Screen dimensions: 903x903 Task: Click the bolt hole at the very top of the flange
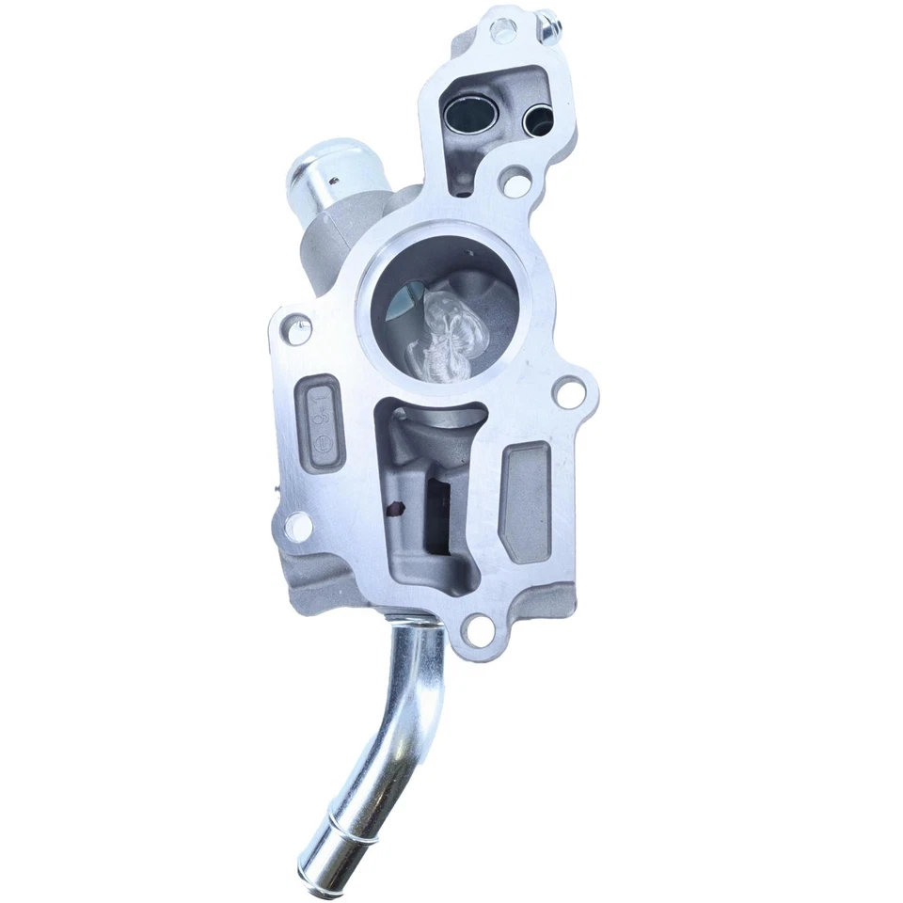[x=502, y=31]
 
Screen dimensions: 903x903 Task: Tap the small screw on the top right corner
[x=546, y=25]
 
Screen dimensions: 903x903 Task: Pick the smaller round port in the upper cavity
[x=539, y=119]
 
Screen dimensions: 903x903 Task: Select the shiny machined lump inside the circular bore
[x=444, y=332]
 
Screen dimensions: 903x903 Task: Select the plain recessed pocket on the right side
[x=528, y=501]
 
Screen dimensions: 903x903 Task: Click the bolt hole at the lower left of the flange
[x=298, y=527]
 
